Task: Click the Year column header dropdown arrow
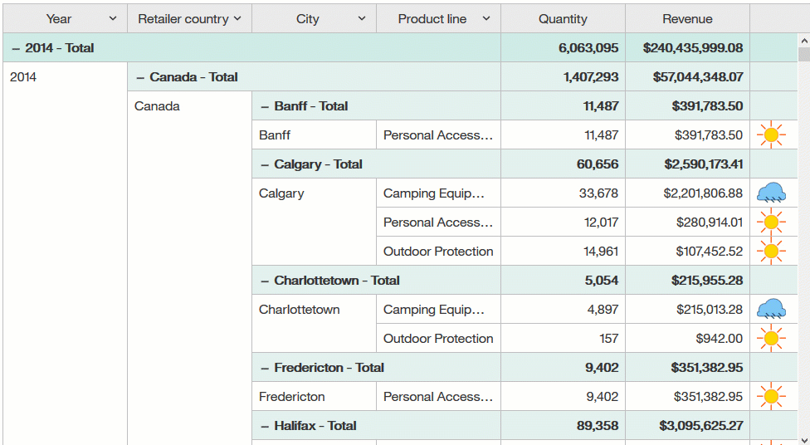pyautogui.click(x=113, y=18)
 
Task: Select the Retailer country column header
pyautogui.click(x=183, y=18)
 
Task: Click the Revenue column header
pyautogui.click(x=687, y=18)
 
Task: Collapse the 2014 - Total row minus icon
pyautogui.click(x=16, y=48)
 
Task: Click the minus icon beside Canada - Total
pyautogui.click(x=140, y=77)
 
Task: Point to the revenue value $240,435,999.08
pyautogui.click(x=692, y=48)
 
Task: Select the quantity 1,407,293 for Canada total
pyautogui.click(x=590, y=77)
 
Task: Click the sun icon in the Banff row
pyautogui.click(x=771, y=135)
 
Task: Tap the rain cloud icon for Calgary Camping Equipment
pyautogui.click(x=771, y=194)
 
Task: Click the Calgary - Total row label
pyautogui.click(x=318, y=164)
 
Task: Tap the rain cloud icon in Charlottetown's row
pyautogui.click(x=771, y=310)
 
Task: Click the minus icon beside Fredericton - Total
pyautogui.click(x=265, y=368)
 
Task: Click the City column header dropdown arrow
pyautogui.click(x=362, y=18)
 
